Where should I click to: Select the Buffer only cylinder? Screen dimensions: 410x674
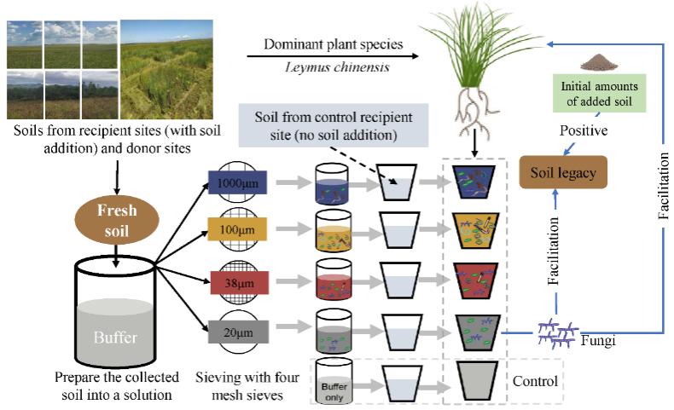click(334, 380)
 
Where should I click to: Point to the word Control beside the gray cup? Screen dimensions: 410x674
click(534, 381)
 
